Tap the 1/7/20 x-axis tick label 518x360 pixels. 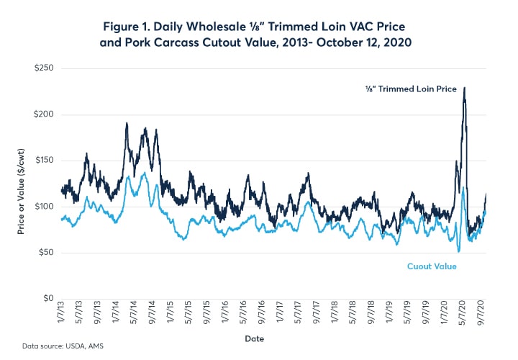(434, 315)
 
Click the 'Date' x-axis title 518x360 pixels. (275, 337)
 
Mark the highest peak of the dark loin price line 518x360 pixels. (464, 88)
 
